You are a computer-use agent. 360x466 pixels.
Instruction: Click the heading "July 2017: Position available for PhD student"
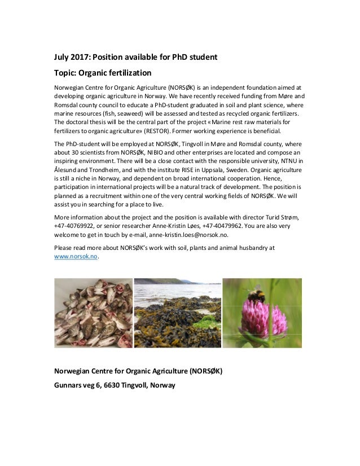pyautogui.click(x=135, y=57)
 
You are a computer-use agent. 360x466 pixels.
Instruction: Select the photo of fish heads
pyautogui.click(x=93, y=313)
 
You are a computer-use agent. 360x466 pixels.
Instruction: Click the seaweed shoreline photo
pyautogui.click(x=177, y=313)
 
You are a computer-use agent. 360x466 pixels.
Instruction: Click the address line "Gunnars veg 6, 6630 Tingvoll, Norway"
pyautogui.click(x=115, y=385)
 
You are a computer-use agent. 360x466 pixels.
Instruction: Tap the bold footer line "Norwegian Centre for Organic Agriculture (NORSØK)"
pyautogui.click(x=138, y=371)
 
